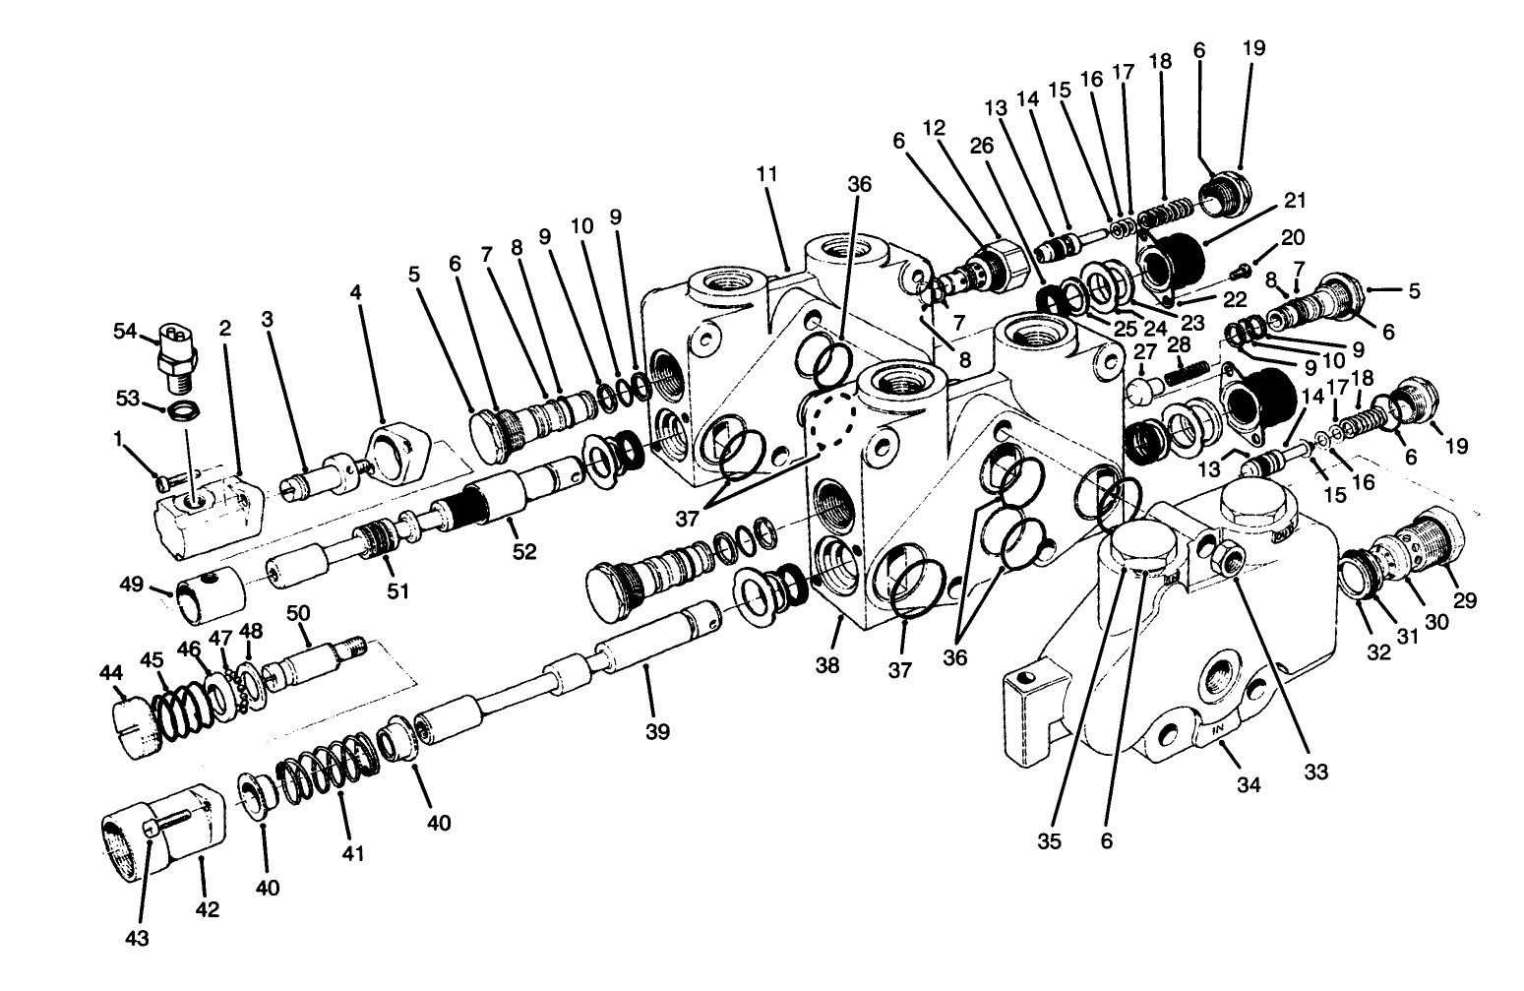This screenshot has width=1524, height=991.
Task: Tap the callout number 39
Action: coord(658,731)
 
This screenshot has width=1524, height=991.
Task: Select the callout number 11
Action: coord(768,173)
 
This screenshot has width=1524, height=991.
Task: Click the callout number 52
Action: coord(524,552)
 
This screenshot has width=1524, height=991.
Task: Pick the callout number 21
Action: coord(1295,201)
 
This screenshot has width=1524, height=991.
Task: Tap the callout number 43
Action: coord(138,939)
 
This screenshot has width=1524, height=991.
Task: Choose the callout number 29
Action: coord(1465,599)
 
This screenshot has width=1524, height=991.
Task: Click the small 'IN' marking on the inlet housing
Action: coord(1218,730)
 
